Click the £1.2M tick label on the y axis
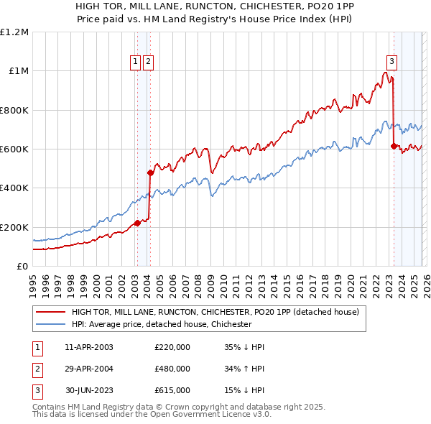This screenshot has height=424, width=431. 14,32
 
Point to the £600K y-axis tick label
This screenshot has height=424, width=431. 14,149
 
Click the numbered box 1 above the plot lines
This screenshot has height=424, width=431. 136,63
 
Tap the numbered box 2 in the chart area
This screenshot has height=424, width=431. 148,63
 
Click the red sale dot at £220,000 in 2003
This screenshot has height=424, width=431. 137,223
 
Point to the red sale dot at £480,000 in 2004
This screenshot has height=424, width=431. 150,172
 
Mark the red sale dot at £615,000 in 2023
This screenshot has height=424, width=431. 394,146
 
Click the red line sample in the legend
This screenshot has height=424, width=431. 51,312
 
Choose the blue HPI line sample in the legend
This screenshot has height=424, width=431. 51,324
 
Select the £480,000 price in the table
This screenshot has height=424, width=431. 172,369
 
